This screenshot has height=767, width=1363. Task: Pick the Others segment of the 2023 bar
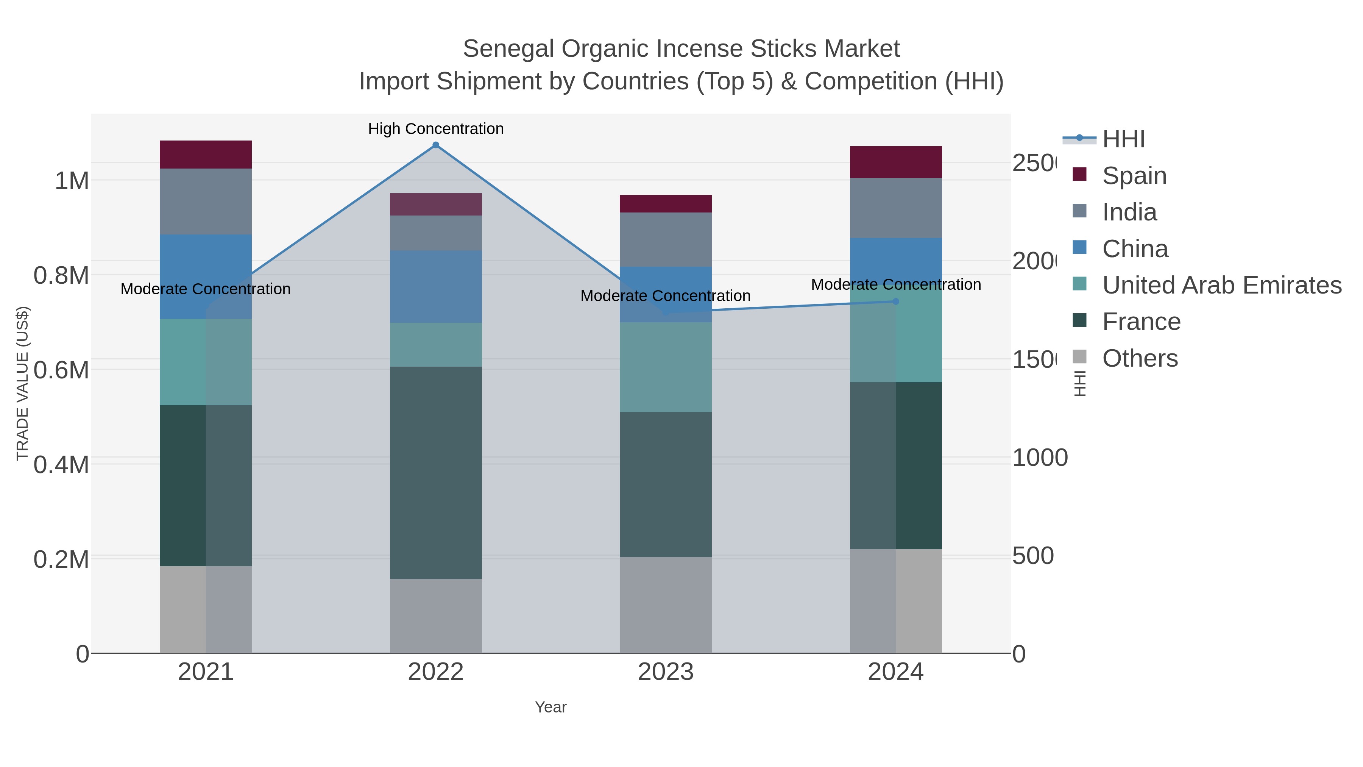tap(665, 605)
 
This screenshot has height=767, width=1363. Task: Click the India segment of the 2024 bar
tap(895, 208)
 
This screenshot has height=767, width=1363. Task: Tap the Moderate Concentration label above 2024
tap(895, 284)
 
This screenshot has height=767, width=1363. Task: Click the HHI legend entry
tap(1123, 139)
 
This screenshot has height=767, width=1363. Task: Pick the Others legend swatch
tap(1079, 357)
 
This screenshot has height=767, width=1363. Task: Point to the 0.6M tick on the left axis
tap(61, 369)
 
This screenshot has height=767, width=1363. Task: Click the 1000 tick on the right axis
tap(1039, 458)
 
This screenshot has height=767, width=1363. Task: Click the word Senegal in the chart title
tap(508, 49)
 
